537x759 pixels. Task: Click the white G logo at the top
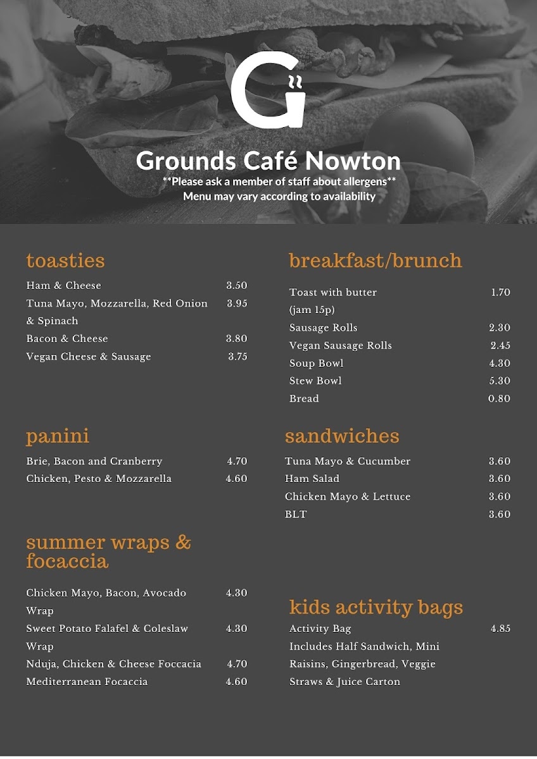(x=268, y=92)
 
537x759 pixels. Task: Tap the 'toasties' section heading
(x=65, y=261)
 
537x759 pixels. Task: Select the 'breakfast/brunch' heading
(x=376, y=261)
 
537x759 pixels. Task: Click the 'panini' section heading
(x=58, y=436)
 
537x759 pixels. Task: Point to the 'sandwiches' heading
(x=342, y=436)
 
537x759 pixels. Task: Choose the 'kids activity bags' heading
(x=376, y=608)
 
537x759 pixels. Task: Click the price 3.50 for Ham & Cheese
(x=237, y=286)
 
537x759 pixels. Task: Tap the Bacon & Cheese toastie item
(x=67, y=339)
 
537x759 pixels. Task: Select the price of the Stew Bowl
(x=500, y=381)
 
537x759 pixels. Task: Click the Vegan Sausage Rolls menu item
(x=341, y=345)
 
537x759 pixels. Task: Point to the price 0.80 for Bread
(x=499, y=398)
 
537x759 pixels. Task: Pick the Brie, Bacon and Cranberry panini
(x=94, y=461)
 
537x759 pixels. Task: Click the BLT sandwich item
(x=296, y=514)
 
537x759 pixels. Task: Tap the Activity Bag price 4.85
(x=500, y=629)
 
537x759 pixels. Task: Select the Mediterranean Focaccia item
(x=87, y=682)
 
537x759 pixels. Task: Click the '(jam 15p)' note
(x=312, y=310)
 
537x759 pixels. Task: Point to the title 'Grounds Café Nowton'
(x=268, y=161)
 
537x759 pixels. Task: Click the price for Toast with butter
(x=500, y=292)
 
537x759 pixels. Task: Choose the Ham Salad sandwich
(x=312, y=479)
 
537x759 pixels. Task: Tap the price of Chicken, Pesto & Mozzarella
(x=237, y=479)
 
